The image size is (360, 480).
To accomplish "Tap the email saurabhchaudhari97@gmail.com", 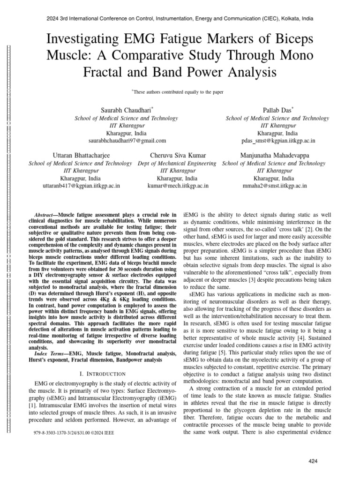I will pyautogui.click(x=127, y=140).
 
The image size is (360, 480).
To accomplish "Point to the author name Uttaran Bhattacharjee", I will pyautogui.click(x=80, y=155).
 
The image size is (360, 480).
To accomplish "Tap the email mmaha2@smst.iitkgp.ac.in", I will pyautogui.click(x=274, y=186).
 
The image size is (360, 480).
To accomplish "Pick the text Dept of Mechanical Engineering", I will pyautogui.click(x=177, y=163).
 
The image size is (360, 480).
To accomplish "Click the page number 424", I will pyautogui.click(x=313, y=461).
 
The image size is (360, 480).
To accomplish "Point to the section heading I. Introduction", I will pyautogui.click(x=103, y=374).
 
